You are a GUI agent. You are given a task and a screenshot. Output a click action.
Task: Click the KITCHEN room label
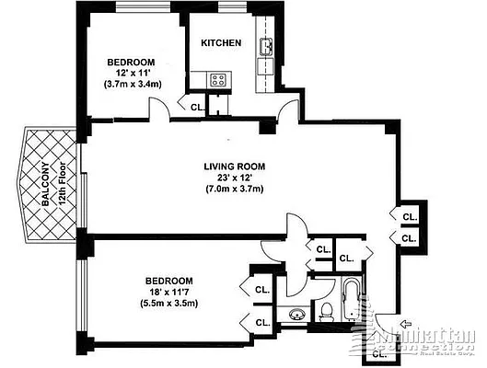tap(222, 43)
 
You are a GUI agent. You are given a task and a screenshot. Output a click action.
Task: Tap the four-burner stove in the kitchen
tap(219, 80)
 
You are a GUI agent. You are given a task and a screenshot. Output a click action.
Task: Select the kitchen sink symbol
tap(266, 47)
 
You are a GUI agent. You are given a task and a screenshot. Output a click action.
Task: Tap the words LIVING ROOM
tap(234, 167)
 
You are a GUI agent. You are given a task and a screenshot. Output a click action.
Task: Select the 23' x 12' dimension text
tap(234, 178)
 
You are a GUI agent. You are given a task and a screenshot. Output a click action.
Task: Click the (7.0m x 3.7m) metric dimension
tap(234, 190)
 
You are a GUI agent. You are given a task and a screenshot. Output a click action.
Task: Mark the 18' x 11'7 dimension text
tap(169, 292)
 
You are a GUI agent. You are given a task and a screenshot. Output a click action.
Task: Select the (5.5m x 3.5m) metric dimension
tap(169, 304)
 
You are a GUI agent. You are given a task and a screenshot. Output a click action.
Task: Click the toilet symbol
tap(326, 313)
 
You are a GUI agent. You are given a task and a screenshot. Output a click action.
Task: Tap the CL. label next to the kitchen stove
tap(197, 107)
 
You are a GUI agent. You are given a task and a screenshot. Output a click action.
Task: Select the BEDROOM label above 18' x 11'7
tap(169, 280)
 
